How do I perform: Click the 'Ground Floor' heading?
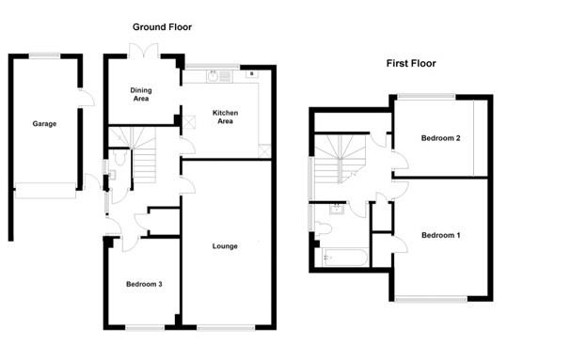(x=162, y=27)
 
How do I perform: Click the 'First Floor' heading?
(x=410, y=64)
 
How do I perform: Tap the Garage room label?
(x=44, y=123)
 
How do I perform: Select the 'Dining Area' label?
(x=141, y=92)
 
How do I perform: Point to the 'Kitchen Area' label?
(x=225, y=116)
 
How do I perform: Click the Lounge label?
(x=225, y=246)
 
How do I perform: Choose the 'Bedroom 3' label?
(x=145, y=283)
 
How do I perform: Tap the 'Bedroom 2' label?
(x=439, y=138)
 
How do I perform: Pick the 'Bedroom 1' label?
(x=439, y=234)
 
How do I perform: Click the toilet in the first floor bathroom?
(x=324, y=227)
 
